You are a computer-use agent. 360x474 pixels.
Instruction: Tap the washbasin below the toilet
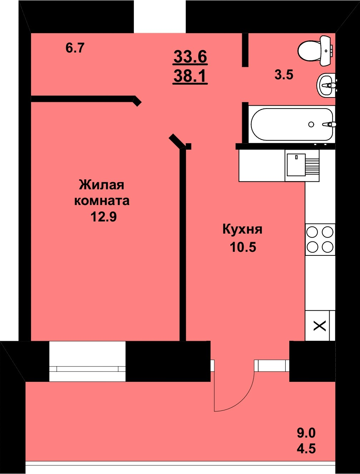(325, 85)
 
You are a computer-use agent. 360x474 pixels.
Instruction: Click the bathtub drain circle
(311, 124)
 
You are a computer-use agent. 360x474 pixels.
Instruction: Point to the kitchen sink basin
(296, 165)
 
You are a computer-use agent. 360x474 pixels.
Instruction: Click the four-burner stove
(320, 239)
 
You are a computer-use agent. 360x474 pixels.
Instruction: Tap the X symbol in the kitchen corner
(320, 325)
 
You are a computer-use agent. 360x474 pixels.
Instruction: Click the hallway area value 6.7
(75, 48)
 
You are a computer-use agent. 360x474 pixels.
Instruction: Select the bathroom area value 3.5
(284, 75)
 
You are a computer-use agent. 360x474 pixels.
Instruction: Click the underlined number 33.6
(190, 56)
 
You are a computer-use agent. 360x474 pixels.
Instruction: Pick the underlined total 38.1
(190, 76)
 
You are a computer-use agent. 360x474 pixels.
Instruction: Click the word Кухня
(242, 229)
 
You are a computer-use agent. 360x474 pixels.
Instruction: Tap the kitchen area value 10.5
(243, 247)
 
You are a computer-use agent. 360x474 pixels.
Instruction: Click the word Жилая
(101, 185)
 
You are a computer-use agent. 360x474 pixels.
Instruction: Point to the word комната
(102, 201)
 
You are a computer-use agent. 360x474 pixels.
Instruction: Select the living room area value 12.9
(104, 217)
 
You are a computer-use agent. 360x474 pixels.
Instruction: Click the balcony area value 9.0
(306, 433)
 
